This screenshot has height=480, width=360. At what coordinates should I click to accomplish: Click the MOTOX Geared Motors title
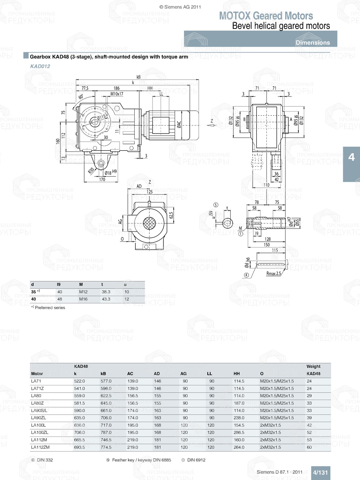[x=266, y=16]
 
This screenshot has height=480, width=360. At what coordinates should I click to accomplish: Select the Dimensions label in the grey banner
[x=312, y=42]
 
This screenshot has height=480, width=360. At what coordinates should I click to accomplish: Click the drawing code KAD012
[x=40, y=66]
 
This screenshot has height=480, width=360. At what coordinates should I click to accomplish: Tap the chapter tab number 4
[x=351, y=157]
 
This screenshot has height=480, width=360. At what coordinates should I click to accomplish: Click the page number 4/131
[x=320, y=472]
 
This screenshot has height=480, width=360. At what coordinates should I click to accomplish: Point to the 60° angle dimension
[x=81, y=97]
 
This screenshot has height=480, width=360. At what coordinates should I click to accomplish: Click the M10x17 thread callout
[x=117, y=94]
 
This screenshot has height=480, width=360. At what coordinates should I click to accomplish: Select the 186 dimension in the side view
[x=117, y=88]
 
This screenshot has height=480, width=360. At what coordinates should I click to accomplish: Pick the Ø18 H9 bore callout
[x=111, y=172]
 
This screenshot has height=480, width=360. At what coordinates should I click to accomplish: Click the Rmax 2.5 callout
[x=273, y=273]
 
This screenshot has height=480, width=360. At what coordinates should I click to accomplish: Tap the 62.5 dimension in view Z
[x=171, y=215]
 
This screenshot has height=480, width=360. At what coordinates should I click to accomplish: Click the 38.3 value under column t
[x=106, y=292]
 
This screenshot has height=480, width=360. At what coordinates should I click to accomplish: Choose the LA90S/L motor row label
[x=39, y=411]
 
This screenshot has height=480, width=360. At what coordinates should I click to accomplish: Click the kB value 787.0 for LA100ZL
[x=106, y=433]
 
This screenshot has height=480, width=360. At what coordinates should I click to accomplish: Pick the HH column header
[x=237, y=373]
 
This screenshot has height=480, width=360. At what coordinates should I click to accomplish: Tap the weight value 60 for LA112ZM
[x=309, y=447]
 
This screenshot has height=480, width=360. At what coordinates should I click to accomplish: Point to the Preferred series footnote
[x=50, y=308]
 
